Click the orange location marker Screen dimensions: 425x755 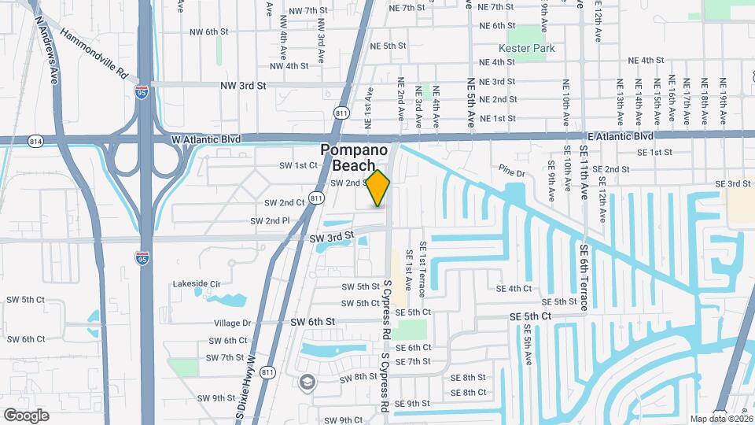tap(378, 188)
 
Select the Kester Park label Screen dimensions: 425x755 tap(527, 49)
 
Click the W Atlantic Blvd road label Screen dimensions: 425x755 tap(206, 139)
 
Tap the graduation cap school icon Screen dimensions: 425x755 tap(306, 382)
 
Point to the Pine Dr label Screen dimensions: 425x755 tap(510, 168)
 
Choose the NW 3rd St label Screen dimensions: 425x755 tap(244, 85)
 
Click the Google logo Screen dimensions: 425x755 tap(26, 415)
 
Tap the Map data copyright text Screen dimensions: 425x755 tap(720, 419)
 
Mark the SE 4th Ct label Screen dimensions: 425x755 tap(509, 288)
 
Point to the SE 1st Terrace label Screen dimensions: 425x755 tap(422, 270)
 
